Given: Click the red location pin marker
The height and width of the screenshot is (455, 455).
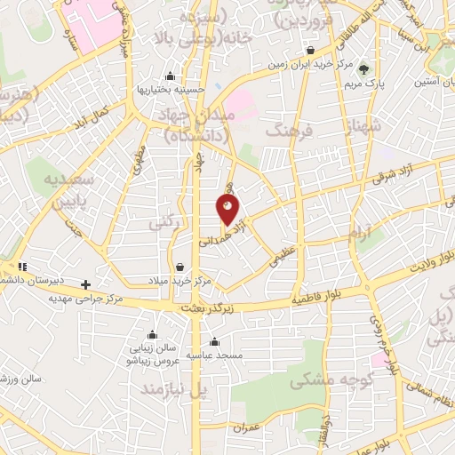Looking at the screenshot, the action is [x=228, y=211].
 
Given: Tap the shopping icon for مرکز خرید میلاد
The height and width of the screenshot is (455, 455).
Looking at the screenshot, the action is [x=180, y=267].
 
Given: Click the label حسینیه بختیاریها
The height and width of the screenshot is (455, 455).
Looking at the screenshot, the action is [x=171, y=89].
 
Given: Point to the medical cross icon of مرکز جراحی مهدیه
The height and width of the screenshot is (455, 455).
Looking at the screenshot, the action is [x=85, y=285].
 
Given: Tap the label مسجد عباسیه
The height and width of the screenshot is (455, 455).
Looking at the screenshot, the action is [x=214, y=354].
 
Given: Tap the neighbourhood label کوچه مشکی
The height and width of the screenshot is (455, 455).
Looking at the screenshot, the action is [x=317, y=379].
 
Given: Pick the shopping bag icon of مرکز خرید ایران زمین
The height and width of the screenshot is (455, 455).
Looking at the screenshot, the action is [x=310, y=50].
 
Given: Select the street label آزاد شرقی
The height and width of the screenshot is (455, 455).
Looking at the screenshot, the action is [x=394, y=177].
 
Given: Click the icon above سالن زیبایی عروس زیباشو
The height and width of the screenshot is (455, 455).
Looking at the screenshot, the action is [x=153, y=335].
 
